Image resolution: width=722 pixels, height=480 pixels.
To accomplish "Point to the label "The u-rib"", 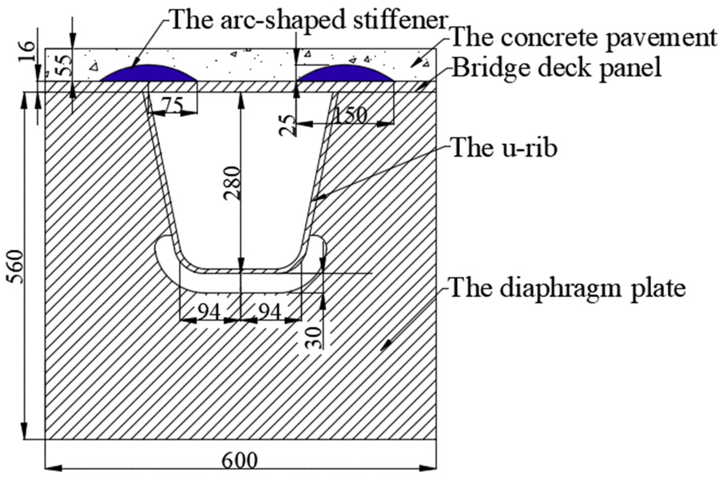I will click(x=504, y=148).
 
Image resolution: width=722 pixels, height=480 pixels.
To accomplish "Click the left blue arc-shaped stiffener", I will click(x=148, y=74).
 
